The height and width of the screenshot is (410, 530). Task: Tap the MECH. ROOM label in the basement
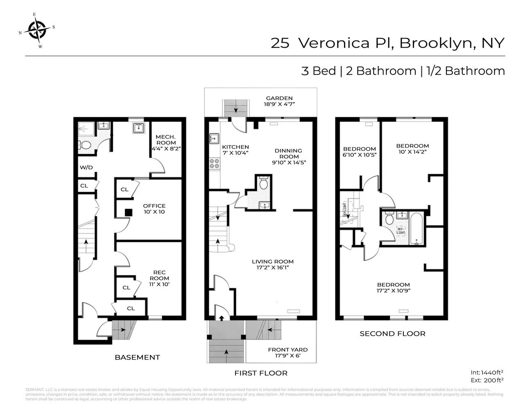166,143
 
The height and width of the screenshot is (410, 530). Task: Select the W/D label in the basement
86,167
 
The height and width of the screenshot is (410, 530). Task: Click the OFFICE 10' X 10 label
154,209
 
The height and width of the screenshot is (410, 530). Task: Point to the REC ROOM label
159,278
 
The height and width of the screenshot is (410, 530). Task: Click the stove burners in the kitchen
214,164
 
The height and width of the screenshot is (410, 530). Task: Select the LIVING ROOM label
272,264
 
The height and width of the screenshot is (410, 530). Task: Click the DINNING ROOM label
288,156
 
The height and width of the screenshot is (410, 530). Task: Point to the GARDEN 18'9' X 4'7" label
279,101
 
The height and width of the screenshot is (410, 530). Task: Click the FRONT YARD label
288,353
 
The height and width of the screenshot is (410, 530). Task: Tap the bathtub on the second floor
416,228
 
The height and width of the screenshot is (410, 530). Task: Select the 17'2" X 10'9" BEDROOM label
393,287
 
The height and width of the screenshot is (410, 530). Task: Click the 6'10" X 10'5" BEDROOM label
359,152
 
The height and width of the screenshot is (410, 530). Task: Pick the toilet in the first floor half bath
263,184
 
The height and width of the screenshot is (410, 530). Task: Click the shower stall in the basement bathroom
86,129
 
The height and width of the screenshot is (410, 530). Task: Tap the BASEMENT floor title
137,357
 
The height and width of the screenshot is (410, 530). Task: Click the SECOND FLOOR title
392,334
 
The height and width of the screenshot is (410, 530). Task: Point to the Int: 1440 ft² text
487,372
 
